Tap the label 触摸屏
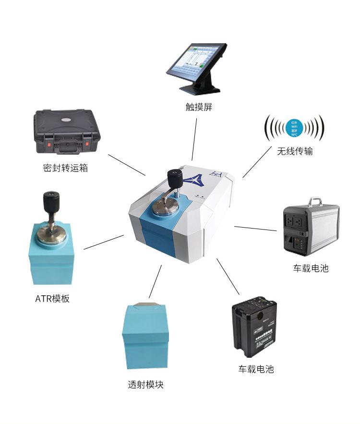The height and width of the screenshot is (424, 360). tap(199, 107)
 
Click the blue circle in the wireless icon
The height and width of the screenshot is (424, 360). tap(294, 128)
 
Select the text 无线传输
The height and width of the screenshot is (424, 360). tap(295, 151)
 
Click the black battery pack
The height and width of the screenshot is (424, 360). tap(254, 327)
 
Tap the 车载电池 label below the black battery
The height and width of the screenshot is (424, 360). tap(256, 369)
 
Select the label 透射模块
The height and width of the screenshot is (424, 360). tap(145, 385)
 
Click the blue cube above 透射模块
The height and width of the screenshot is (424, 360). tap(145, 336)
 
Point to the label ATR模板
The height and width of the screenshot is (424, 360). tap(52, 299)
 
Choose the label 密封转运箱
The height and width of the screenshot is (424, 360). tap(65, 168)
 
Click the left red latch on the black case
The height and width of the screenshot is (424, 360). tap(49, 143)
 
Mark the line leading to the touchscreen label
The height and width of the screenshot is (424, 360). tap(194, 139)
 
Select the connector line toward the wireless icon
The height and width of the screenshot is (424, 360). tap(257, 162)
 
